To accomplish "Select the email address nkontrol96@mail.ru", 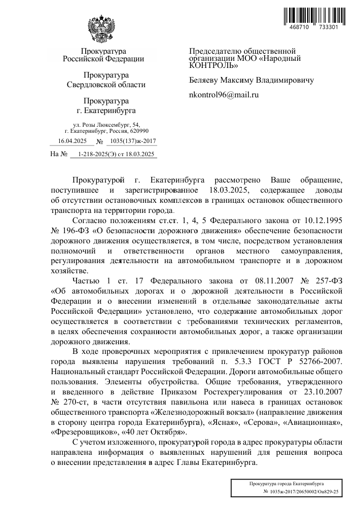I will (224, 94).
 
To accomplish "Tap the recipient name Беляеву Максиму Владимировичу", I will (251, 80).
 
